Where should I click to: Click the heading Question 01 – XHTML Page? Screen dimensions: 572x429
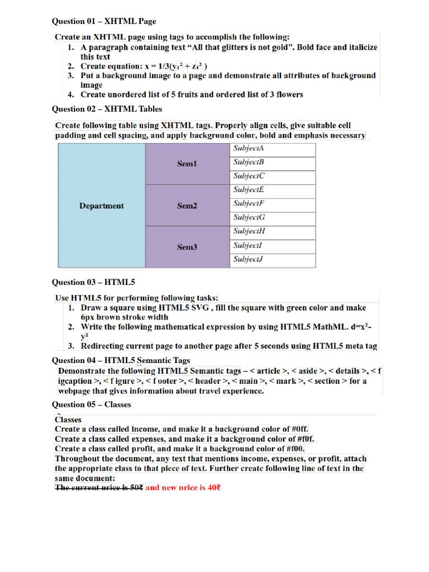(104, 22)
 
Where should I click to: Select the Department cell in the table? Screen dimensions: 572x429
(102, 206)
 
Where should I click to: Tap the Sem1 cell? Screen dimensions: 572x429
(187, 164)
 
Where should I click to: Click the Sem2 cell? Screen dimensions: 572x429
(187, 206)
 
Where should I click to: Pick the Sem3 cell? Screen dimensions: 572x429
(187, 247)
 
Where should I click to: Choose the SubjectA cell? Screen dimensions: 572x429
(249, 149)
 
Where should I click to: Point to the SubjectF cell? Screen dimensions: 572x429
(249, 203)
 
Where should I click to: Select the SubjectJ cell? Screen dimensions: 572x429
(248, 259)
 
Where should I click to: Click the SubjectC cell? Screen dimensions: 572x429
(249, 176)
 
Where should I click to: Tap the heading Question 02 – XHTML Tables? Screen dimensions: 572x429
(107, 109)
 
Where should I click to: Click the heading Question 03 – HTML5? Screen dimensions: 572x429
(93, 282)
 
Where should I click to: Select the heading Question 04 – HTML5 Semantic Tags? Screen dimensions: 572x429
(121, 360)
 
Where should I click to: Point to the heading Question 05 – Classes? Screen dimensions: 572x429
(92, 404)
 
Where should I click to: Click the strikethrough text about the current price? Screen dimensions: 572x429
(99, 487)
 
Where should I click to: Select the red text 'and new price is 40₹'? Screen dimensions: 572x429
(183, 487)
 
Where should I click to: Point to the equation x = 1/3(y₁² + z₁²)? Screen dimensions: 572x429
(177, 66)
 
